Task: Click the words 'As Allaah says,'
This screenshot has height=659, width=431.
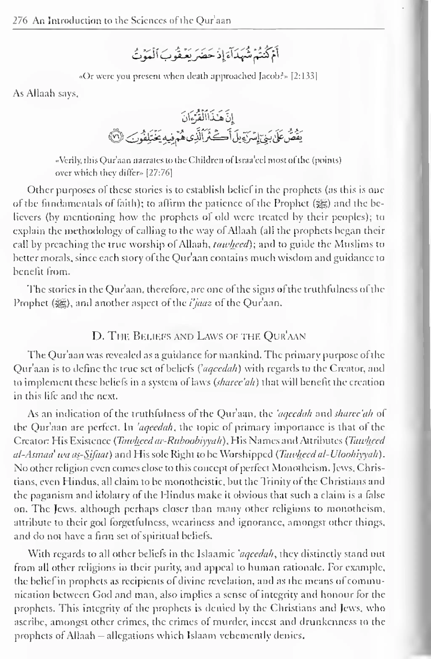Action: click(46, 94)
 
